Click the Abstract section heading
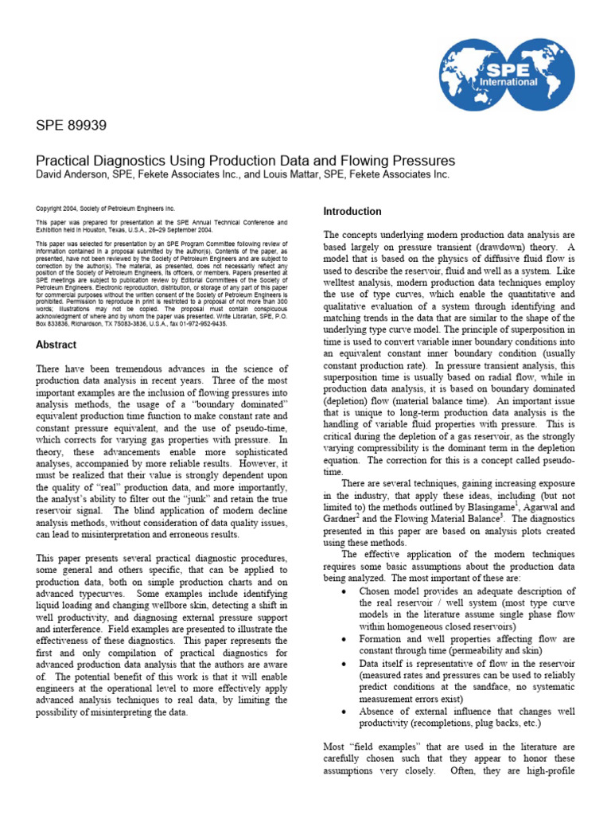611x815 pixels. pos(56,345)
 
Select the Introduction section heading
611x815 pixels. pos(352,211)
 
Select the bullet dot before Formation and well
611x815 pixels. pos(342,639)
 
